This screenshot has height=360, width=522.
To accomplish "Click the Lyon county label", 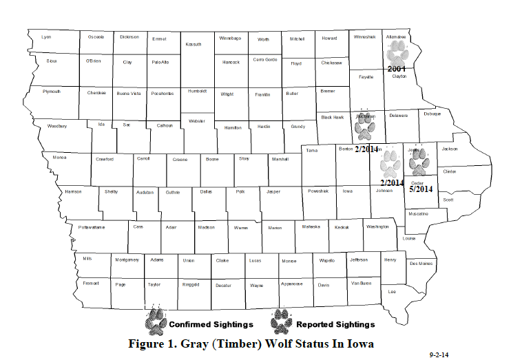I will coord(47,36).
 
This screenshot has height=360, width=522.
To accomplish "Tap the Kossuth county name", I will coord(194,44).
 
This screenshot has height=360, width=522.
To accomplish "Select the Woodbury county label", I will coord(57,127).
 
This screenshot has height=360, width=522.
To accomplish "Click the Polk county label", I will coord(240,192).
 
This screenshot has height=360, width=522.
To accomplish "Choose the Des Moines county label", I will coord(421,263).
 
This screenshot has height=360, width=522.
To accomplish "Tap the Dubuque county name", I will coord(432,115).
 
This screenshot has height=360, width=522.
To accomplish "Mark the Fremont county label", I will coord(91,283).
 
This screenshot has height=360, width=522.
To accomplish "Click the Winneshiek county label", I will coord(364,36).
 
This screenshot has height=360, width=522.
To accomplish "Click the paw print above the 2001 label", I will coord(398,52).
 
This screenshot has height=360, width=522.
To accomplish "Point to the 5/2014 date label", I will coord(420,189).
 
